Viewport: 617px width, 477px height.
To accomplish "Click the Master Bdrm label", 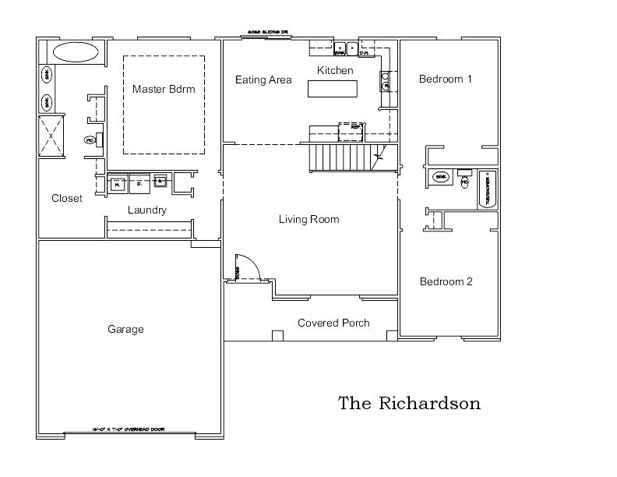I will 163,89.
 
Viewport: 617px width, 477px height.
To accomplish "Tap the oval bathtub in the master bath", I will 76,53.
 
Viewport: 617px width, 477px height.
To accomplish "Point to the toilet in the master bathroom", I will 90,140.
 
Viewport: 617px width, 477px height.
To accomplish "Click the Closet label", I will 67,199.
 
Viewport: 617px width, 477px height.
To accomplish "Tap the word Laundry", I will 146,210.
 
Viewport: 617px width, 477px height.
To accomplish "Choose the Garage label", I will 125,330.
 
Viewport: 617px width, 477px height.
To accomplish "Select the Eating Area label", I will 263,79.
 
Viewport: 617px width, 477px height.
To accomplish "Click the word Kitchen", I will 335,71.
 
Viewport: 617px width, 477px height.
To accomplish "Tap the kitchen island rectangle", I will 333,88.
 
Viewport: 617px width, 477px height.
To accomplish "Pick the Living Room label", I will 308,220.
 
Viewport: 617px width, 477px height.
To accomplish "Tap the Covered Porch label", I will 333,323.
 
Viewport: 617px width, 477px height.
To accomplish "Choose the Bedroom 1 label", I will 446,79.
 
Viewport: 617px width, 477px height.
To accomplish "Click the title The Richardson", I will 409,404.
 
